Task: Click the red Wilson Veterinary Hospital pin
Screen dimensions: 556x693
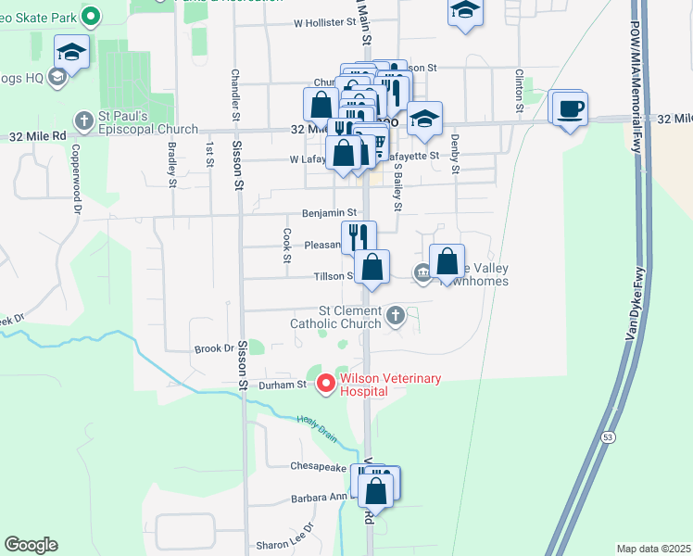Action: tap(325, 383)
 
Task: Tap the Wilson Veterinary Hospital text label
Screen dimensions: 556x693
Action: tap(390, 385)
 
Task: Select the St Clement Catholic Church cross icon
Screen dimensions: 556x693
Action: tap(396, 316)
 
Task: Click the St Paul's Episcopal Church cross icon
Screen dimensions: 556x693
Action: tap(84, 120)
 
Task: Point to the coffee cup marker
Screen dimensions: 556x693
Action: tap(569, 109)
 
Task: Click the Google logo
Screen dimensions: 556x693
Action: tap(31, 545)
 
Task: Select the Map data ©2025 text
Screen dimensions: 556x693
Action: tap(654, 549)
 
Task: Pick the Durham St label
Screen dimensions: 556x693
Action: tap(283, 385)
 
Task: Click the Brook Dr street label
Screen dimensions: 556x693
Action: tap(214, 348)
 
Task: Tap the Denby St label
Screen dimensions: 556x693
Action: tap(455, 154)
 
